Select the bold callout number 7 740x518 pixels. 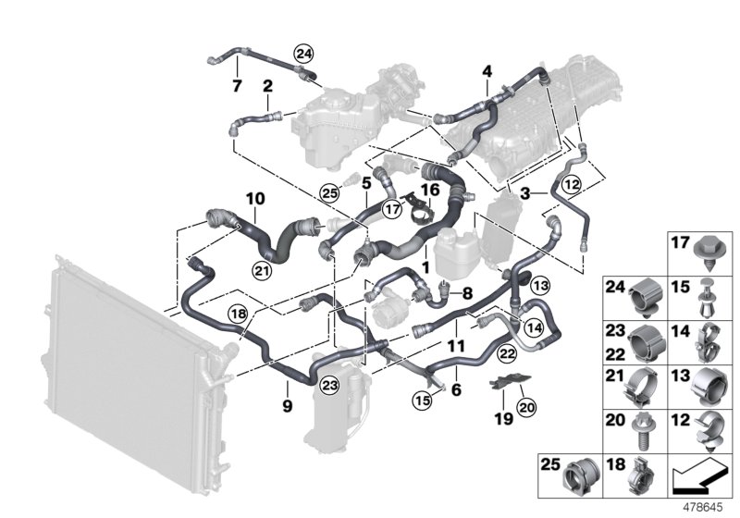point(237,87)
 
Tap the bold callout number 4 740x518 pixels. point(487,71)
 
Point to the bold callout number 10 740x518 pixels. point(254,198)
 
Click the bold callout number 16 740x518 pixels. point(428,190)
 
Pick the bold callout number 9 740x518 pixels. point(286,405)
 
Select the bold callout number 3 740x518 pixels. point(525,193)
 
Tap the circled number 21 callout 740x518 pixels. point(261,269)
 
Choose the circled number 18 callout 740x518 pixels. point(238,314)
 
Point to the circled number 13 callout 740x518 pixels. point(539,284)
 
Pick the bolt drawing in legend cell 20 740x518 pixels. point(639,430)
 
